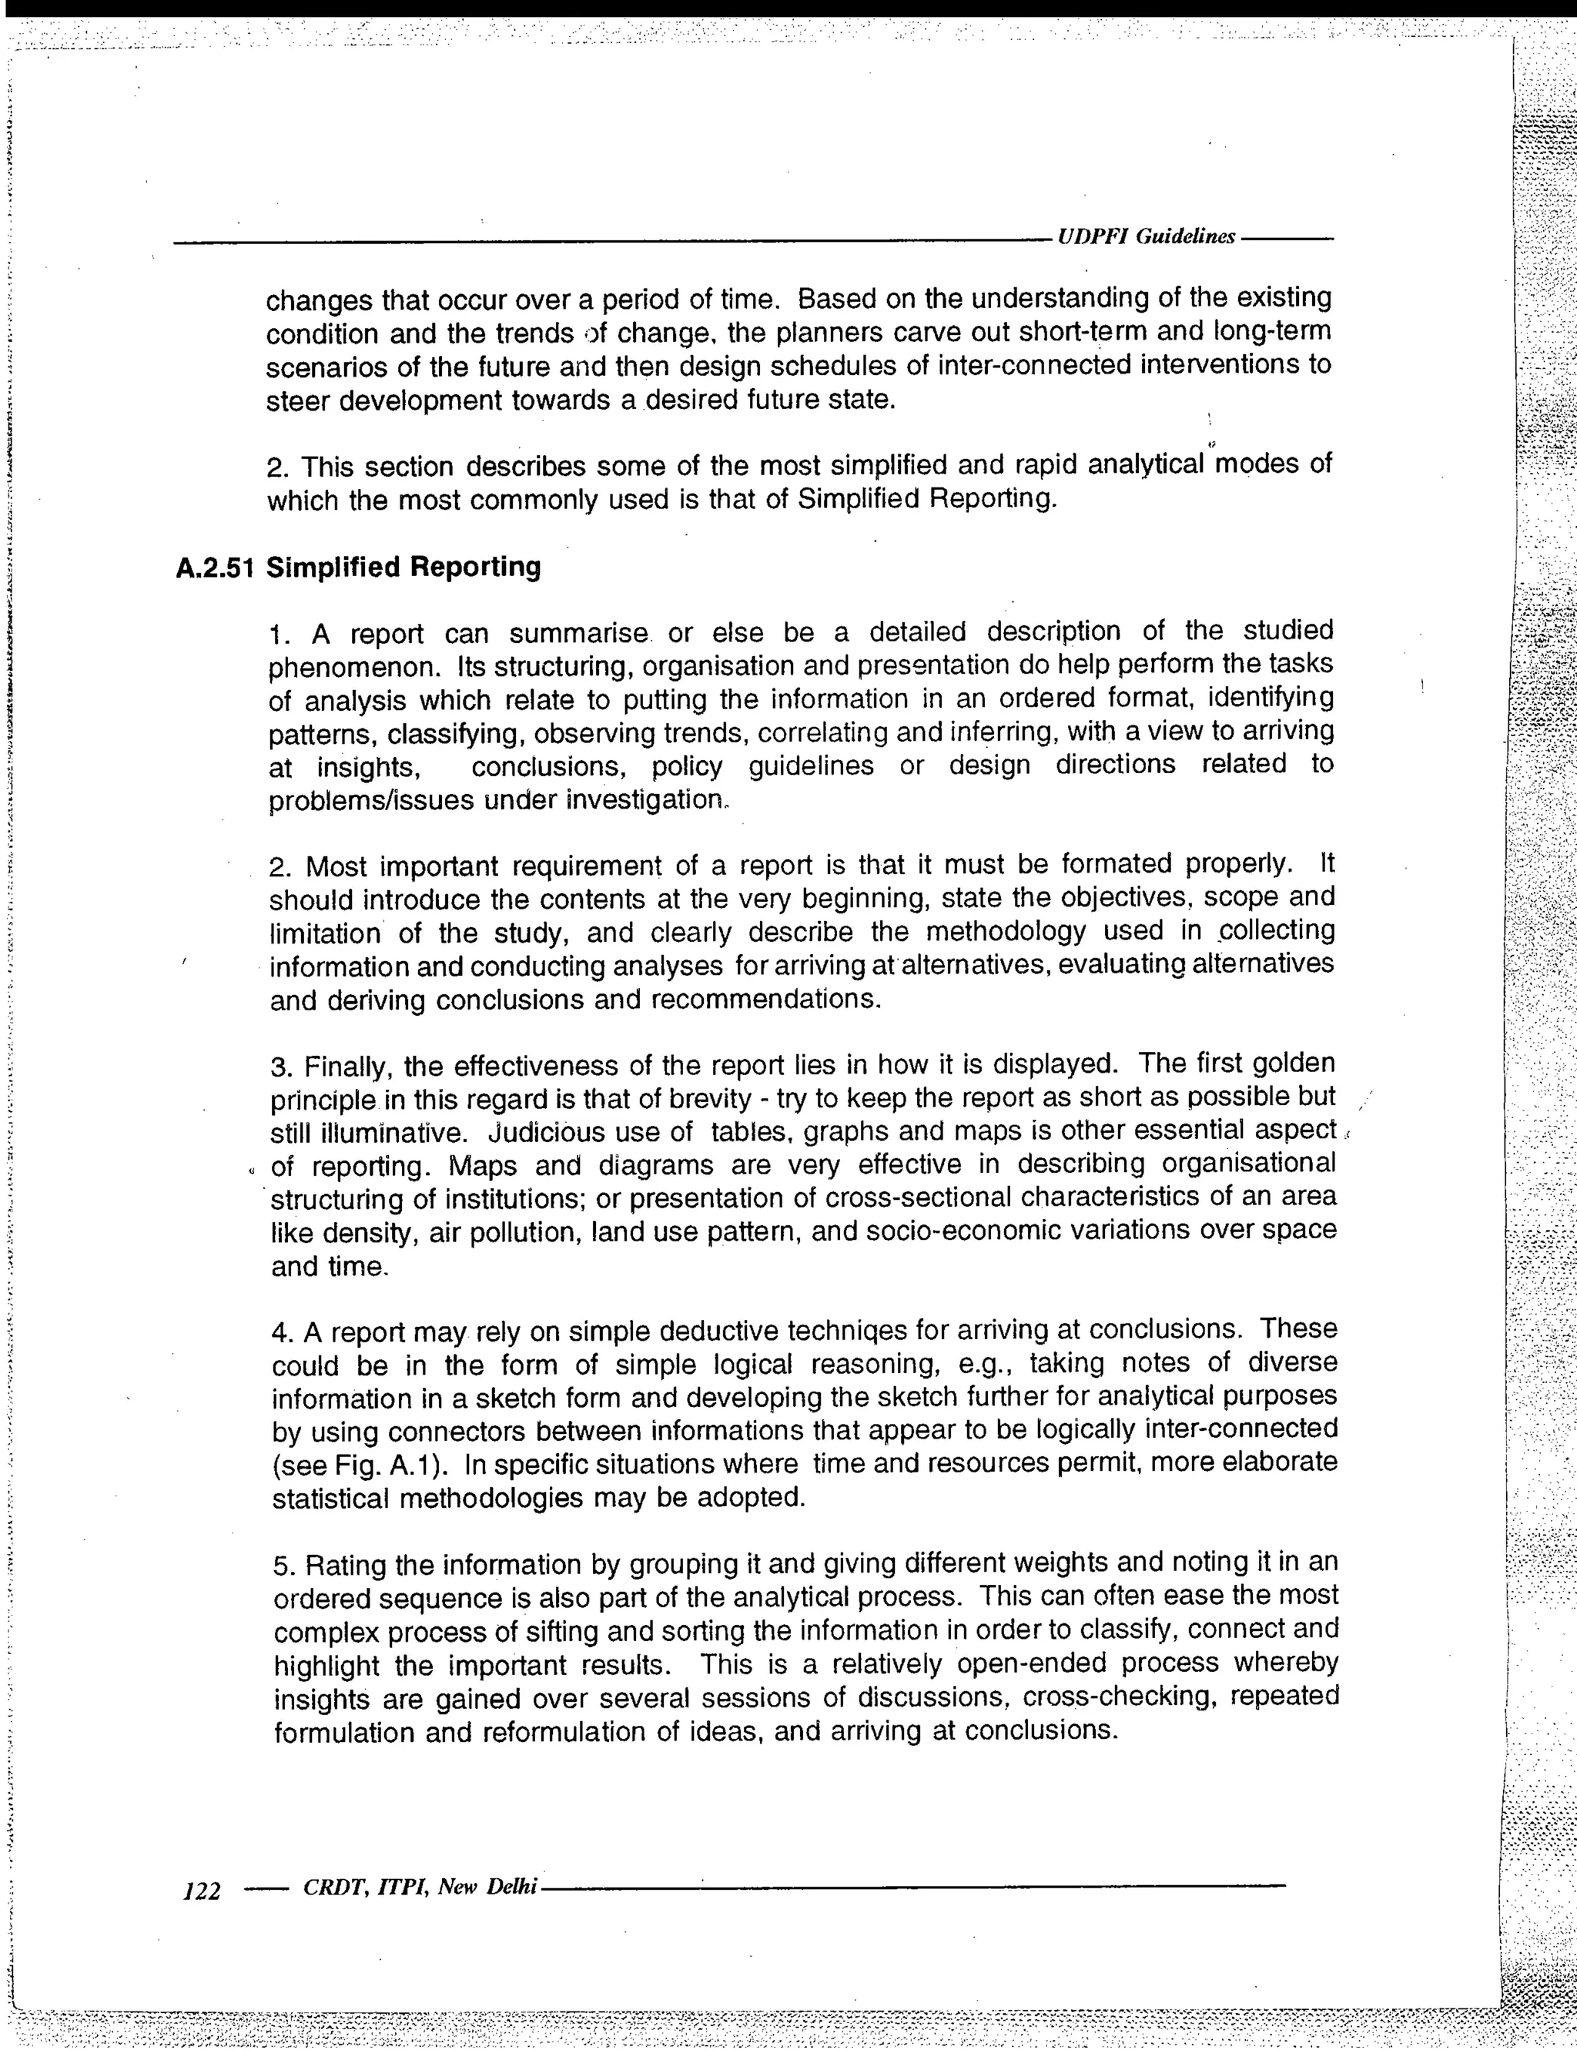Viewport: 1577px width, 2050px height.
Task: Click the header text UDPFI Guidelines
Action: point(1145,237)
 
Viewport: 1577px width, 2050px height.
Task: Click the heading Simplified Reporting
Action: point(403,568)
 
